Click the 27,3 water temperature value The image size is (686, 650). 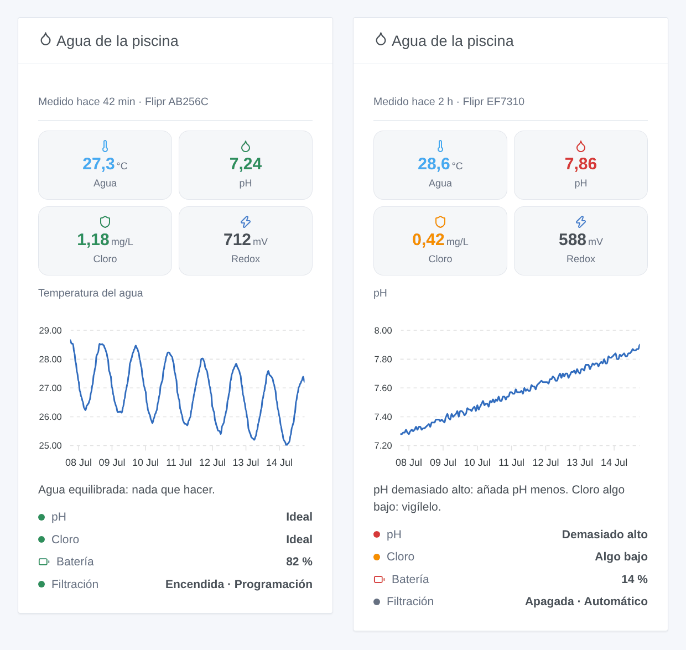[x=98, y=164]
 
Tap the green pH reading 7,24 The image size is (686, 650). [x=245, y=164]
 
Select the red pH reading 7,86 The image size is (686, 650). [x=581, y=164]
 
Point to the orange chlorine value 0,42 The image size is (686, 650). [x=428, y=240]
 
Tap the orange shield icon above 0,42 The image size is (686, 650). [x=440, y=221]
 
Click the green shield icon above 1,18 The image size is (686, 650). [x=105, y=221]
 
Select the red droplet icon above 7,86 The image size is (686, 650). [x=581, y=146]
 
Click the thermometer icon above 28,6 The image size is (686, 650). [x=440, y=146]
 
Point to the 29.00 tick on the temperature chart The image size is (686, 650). [x=50, y=330]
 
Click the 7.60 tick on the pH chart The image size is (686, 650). [x=383, y=388]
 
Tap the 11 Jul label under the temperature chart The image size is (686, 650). [x=179, y=462]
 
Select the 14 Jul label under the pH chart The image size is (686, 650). [x=614, y=462]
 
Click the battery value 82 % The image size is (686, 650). [x=299, y=561]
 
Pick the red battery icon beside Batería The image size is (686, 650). [x=379, y=580]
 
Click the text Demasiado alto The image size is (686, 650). [x=604, y=534]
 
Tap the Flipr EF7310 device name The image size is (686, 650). [x=493, y=102]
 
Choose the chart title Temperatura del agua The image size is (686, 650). [x=90, y=293]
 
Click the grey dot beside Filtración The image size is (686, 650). [x=377, y=602]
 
